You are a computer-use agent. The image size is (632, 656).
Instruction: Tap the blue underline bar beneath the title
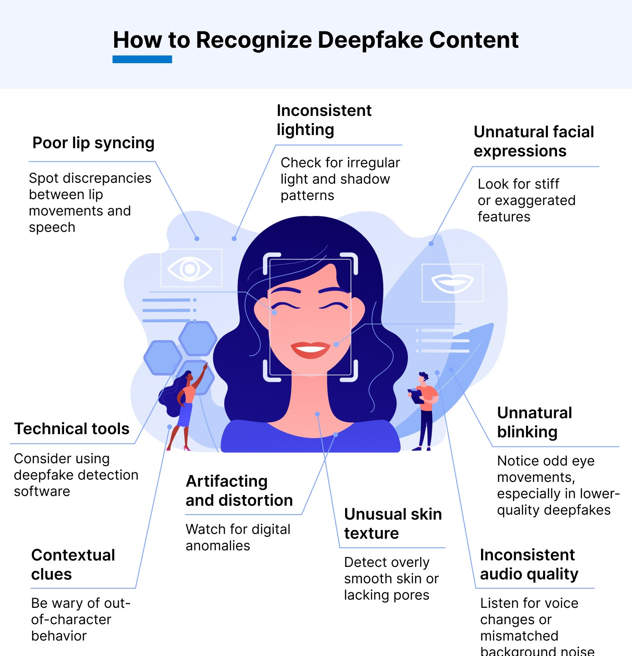pos(142,59)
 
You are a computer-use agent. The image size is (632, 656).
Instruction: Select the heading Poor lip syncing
pos(93,143)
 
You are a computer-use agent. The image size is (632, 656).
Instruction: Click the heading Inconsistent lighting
pos(324,120)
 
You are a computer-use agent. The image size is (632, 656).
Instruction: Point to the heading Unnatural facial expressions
pos(534,141)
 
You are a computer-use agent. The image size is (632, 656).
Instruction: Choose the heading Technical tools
pos(72,429)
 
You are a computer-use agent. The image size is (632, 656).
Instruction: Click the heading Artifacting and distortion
pos(239,491)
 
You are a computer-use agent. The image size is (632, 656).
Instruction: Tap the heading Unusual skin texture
pos(393,523)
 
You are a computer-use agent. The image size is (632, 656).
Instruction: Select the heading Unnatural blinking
pos(534,422)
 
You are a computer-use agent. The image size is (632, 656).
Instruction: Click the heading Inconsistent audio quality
pos(529,564)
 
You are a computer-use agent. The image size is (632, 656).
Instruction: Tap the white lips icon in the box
pos(452,283)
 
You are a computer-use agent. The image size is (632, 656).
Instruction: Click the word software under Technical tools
pos(42,491)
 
